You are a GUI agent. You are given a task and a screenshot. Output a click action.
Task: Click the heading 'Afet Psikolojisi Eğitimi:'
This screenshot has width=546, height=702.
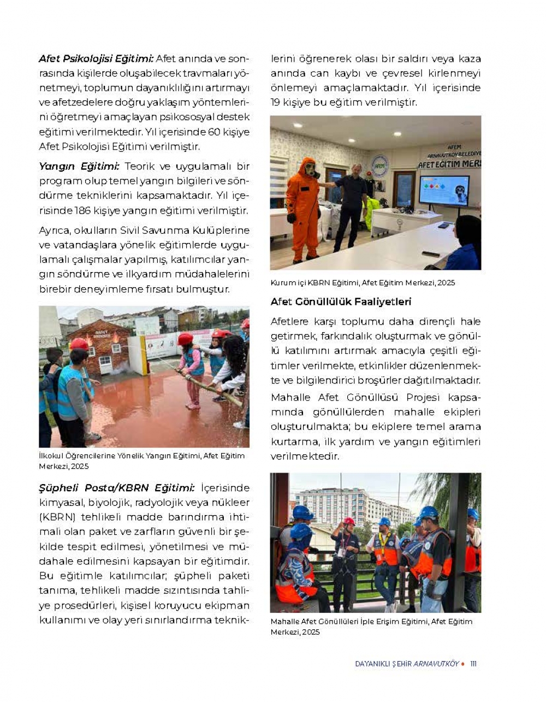coord(96,59)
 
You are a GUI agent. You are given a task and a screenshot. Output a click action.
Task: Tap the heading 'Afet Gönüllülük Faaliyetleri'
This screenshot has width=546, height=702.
coord(341,302)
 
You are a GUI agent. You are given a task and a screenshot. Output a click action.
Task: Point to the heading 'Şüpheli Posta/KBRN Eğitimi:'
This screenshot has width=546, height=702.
coord(116,488)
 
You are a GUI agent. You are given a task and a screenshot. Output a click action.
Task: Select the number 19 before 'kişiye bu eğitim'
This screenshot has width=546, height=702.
coord(276,102)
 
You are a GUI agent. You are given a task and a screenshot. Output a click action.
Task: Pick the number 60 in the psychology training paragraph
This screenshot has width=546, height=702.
coord(214,132)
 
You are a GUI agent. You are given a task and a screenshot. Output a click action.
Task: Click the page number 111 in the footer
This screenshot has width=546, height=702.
coord(473,664)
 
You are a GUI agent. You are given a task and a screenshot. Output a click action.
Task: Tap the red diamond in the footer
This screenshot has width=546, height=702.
coord(463,664)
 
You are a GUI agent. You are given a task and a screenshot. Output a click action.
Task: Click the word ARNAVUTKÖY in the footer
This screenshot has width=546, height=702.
coord(436,664)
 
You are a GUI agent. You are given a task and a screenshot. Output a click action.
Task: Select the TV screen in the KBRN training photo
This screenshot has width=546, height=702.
coord(444,190)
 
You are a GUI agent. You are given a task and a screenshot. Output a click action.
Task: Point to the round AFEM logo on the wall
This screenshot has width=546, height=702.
coord(379,166)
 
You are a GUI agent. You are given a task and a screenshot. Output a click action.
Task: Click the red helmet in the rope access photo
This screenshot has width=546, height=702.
coord(349,521)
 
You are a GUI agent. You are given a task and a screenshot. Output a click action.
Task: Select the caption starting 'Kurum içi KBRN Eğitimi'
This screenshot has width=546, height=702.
coord(363,283)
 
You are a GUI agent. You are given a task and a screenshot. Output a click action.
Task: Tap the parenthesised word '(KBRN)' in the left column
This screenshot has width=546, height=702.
coord(57,517)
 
